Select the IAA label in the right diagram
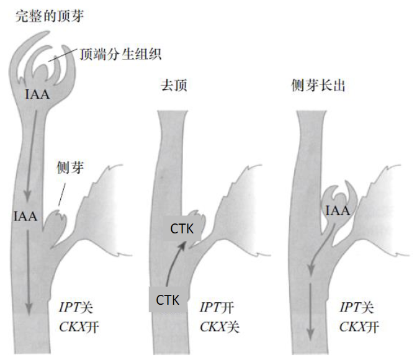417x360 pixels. point(338,212)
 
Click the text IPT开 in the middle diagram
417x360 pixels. point(217,307)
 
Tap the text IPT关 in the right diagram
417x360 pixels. point(357,307)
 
